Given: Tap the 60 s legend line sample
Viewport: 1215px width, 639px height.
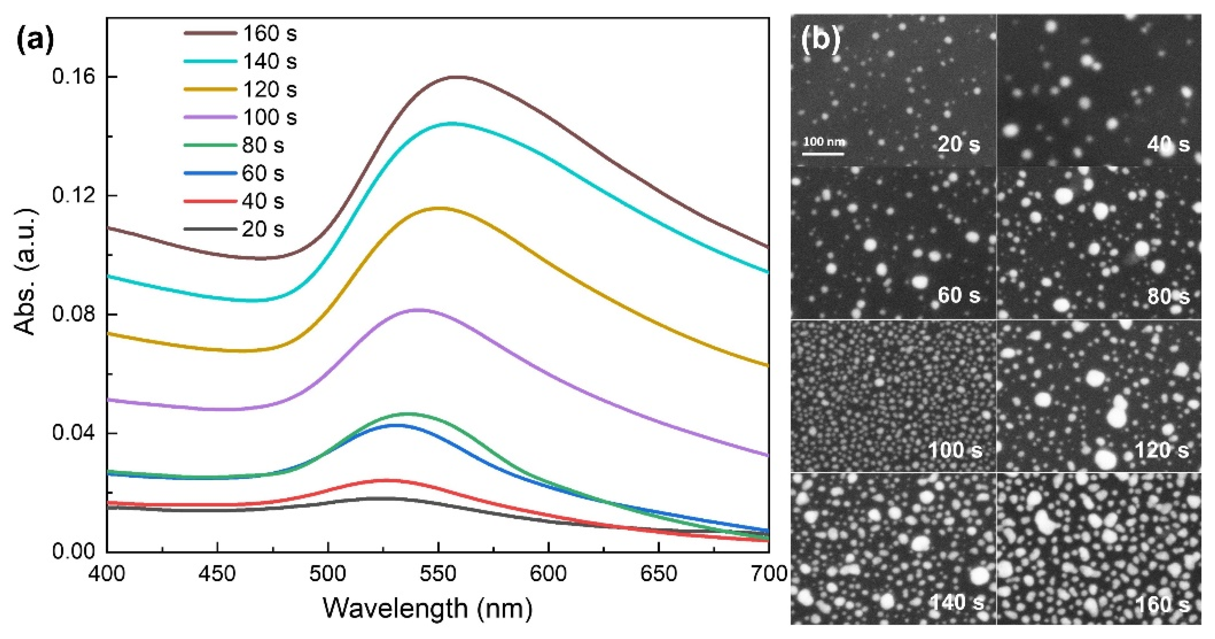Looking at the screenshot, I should click(x=210, y=173).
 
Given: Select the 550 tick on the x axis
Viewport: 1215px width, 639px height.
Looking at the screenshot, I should click(x=438, y=574).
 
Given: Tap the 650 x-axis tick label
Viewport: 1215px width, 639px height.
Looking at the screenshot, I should click(x=659, y=574).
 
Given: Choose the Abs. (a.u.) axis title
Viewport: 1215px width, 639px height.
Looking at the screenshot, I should click(x=26, y=272).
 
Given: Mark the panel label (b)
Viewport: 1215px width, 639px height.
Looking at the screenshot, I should click(x=820, y=40).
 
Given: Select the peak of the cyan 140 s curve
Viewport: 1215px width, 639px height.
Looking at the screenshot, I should click(x=452, y=123).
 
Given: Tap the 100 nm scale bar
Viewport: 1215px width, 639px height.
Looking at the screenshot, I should click(x=824, y=153).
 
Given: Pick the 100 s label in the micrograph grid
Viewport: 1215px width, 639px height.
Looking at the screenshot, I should click(x=956, y=450).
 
